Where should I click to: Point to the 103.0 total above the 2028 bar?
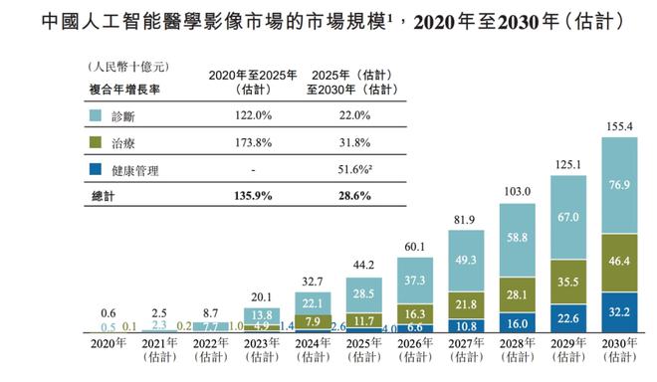517,189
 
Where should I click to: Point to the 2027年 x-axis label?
465,345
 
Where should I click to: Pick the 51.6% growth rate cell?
337,171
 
